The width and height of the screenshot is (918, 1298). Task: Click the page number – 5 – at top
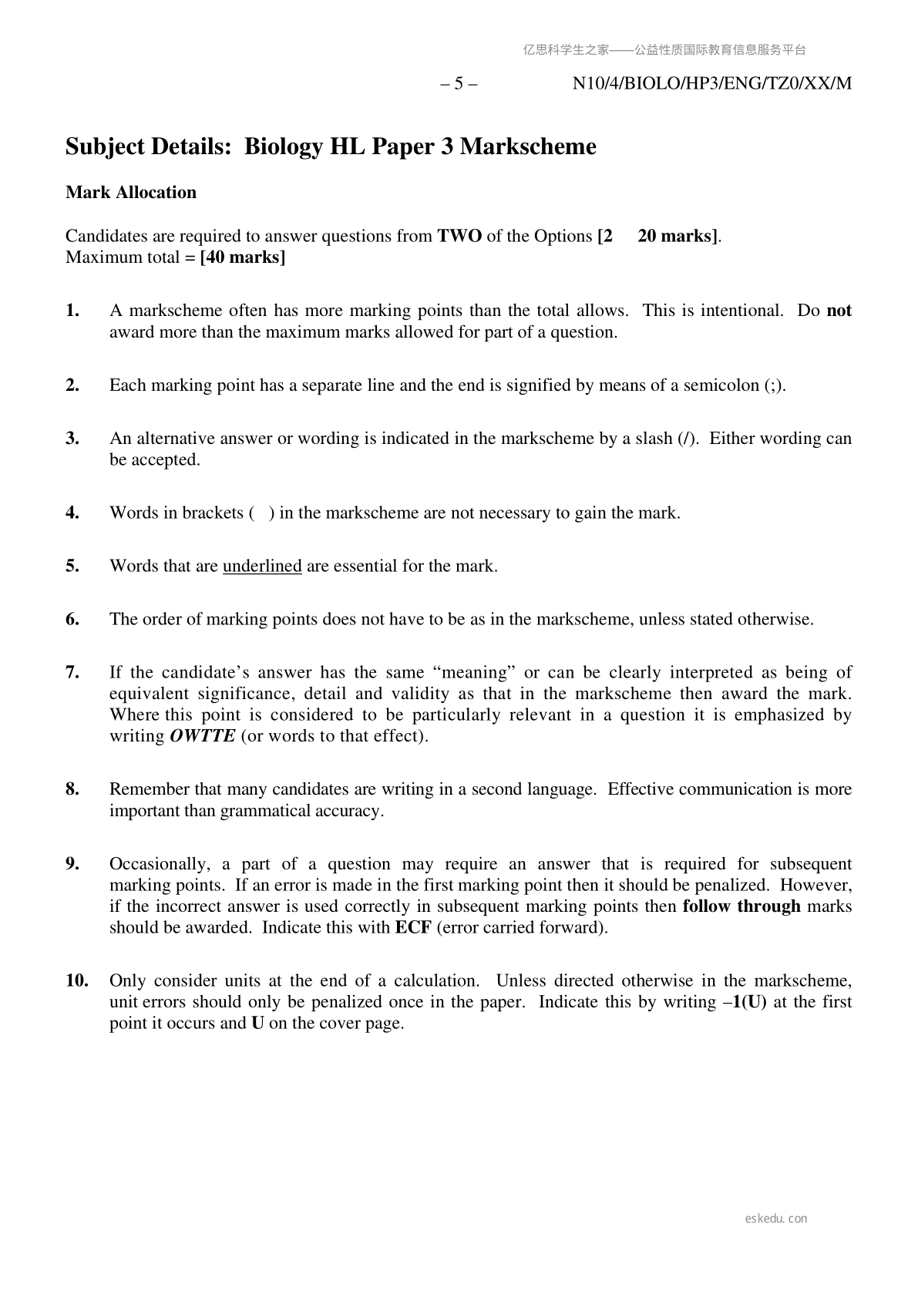click(x=459, y=84)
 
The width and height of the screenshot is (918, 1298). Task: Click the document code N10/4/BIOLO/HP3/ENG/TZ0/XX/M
click(x=711, y=84)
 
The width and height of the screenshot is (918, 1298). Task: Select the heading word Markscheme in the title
click(x=528, y=146)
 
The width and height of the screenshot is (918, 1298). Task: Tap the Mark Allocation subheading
click(x=131, y=193)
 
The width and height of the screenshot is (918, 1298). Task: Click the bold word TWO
click(x=459, y=236)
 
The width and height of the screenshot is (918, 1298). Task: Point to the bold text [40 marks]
click(x=243, y=257)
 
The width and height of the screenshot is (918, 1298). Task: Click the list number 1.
click(x=72, y=311)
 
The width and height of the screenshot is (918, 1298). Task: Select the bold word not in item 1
click(x=839, y=311)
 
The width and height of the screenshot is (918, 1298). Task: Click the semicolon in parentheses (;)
click(x=774, y=385)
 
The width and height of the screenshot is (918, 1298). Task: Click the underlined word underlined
click(x=262, y=567)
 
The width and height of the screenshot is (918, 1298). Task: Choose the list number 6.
click(x=72, y=620)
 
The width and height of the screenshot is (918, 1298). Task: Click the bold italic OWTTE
click(x=202, y=736)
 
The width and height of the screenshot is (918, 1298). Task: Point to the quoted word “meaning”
click(x=477, y=673)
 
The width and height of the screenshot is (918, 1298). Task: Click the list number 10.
click(x=76, y=981)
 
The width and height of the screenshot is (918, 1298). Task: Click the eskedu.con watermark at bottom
click(x=776, y=1219)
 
